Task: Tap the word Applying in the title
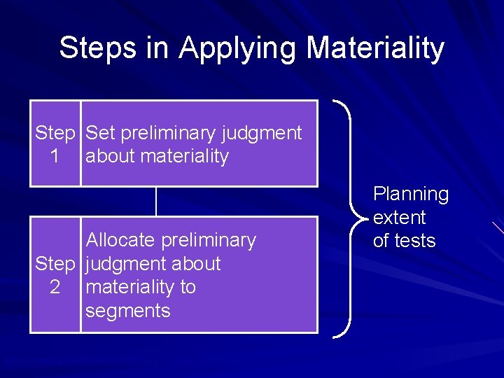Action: (x=236, y=49)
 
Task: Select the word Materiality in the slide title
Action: (x=375, y=48)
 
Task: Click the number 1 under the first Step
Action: (x=55, y=157)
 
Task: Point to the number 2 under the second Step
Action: (x=55, y=288)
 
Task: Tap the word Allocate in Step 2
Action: (x=120, y=240)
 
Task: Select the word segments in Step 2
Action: (x=127, y=311)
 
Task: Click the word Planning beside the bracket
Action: (x=411, y=194)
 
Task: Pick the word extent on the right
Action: (x=399, y=218)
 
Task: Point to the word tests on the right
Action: (x=415, y=241)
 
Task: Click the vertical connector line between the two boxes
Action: (x=155, y=202)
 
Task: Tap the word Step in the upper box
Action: (x=55, y=133)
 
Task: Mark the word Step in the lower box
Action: (x=55, y=264)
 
